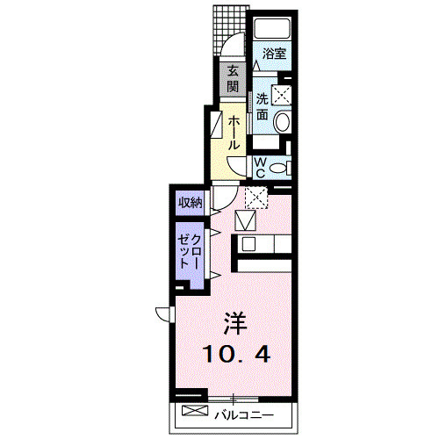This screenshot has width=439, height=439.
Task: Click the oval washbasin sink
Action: click(x=282, y=122)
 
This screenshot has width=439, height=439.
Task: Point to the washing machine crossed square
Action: click(x=283, y=96)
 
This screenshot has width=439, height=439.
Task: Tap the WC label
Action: click(x=261, y=167)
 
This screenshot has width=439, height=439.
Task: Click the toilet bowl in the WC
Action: click(x=278, y=168)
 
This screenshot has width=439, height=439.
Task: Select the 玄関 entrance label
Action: click(x=233, y=80)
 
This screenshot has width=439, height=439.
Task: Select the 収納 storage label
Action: click(x=191, y=203)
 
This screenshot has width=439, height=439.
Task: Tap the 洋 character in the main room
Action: click(x=234, y=322)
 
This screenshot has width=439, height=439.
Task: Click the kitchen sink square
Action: click(x=247, y=245)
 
